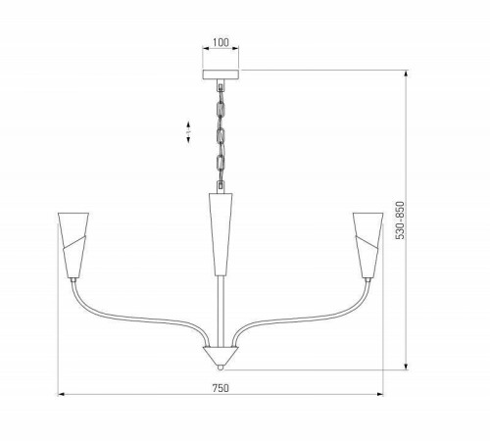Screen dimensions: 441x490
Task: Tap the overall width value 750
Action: [x=220, y=387]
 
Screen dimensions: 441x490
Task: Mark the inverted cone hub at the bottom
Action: [x=220, y=354]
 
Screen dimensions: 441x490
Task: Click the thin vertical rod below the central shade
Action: [x=220, y=309]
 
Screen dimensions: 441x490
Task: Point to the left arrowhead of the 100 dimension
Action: [x=205, y=51]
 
